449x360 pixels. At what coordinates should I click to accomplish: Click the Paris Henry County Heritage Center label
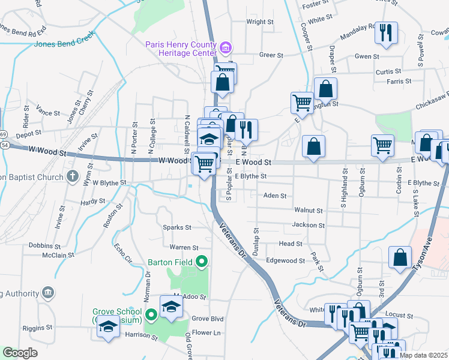click(180, 48)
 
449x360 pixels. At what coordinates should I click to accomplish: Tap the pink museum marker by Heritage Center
click(226, 47)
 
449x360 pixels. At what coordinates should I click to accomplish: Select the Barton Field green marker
click(202, 262)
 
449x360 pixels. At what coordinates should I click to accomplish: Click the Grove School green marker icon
click(151, 313)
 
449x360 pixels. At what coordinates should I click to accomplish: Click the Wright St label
click(260, 22)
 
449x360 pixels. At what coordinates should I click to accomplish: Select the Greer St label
click(271, 55)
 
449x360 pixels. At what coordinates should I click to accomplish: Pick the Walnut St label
click(309, 211)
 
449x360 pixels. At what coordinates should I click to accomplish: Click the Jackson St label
click(308, 226)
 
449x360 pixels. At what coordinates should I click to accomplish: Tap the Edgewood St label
click(286, 261)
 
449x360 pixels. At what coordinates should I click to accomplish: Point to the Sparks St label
click(177, 228)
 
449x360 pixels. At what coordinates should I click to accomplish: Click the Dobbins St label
click(44, 246)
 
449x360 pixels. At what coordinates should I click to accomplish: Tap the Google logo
click(20, 353)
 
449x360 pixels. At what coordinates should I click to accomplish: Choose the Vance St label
click(48, 112)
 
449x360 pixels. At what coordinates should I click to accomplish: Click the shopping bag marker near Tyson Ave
click(400, 258)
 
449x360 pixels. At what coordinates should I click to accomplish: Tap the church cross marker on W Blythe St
click(72, 176)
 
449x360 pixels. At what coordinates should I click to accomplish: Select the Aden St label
click(275, 196)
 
